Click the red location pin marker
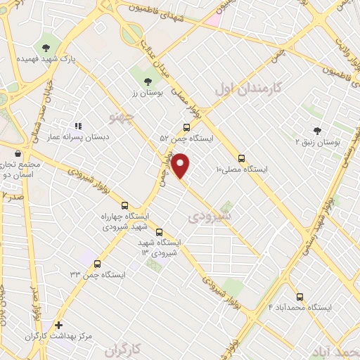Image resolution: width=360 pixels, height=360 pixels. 181,165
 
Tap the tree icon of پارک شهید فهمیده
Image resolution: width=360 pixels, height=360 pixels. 46,48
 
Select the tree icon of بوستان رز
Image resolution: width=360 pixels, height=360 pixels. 148,82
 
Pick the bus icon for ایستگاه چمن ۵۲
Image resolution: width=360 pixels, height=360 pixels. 186,127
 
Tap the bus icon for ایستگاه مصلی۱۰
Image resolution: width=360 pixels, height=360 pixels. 242,158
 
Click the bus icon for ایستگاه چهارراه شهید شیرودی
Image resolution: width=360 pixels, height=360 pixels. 124,206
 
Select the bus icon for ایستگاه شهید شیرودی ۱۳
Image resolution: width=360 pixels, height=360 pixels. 159,231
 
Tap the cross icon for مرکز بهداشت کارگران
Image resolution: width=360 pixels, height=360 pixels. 58,325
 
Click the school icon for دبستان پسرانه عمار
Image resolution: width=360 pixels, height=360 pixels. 79,126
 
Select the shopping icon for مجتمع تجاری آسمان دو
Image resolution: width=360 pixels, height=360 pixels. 18,153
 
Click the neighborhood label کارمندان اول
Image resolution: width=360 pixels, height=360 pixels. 245,89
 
